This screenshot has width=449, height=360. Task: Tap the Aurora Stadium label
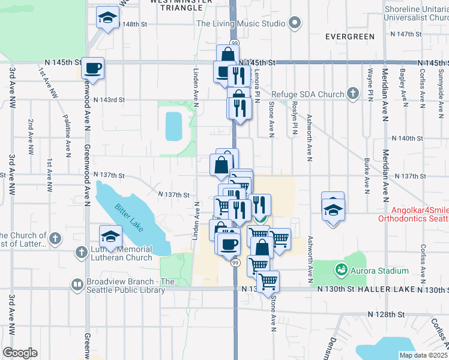(x=380, y=271)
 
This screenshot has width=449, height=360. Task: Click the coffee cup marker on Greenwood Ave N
(x=93, y=68)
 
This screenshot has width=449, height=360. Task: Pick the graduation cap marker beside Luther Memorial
(x=110, y=236)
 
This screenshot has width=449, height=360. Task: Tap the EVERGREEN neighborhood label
(x=350, y=37)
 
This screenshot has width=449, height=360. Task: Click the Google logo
(x=20, y=353)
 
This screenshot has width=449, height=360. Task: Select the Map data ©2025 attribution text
(x=424, y=355)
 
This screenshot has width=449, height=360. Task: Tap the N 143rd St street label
(x=112, y=100)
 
